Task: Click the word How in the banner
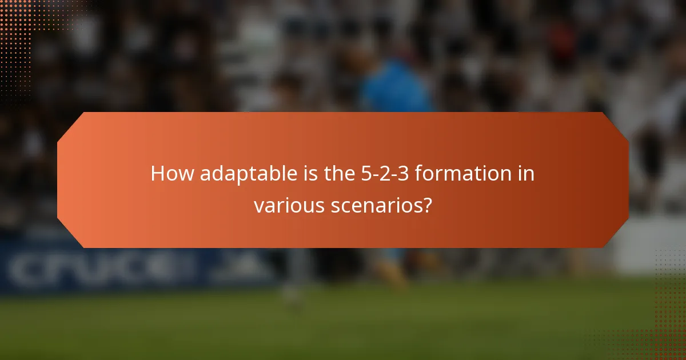click(x=172, y=174)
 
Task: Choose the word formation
click(x=464, y=174)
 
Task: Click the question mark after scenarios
click(x=426, y=205)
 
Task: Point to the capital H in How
click(x=157, y=174)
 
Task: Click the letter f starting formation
click(x=418, y=174)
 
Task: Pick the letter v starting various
click(x=258, y=206)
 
